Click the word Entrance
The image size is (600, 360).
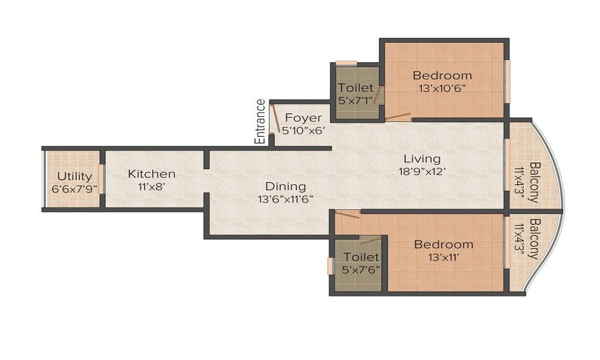pos(260,122)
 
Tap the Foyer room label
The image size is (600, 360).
pos(303,117)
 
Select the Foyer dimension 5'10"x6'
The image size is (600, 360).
pos(304,129)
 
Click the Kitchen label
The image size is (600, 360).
pos(152,174)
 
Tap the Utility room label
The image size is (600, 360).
pos(75,176)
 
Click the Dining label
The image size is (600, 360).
pos(286,187)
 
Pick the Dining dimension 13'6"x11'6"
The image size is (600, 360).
pos(286,199)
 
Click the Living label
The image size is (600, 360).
pos(422,159)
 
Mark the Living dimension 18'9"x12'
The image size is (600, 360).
pos(422,171)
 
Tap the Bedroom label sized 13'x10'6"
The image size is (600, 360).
pos(442,76)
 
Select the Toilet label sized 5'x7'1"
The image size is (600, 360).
pos(356,88)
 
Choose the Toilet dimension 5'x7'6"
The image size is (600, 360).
pos(361,269)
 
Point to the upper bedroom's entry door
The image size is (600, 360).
pos(398,116)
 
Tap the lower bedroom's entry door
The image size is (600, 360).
pos(347,214)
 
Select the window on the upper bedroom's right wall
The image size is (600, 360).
pos(507,81)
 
